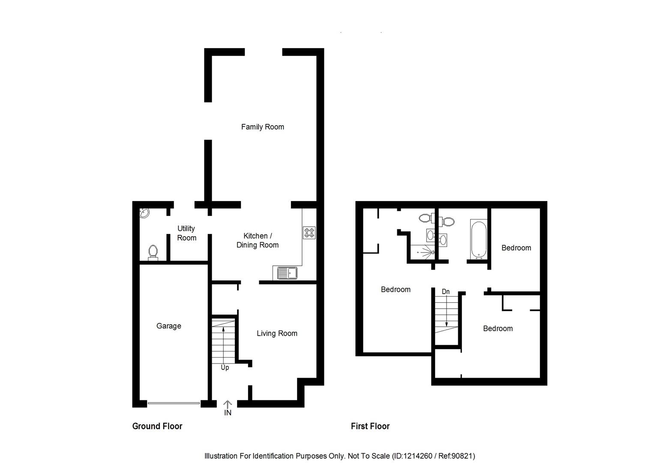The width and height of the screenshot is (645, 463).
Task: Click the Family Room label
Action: pyautogui.click(x=262, y=127)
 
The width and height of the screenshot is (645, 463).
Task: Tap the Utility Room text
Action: pyautogui.click(x=186, y=233)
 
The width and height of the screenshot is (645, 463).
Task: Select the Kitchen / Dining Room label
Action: pyautogui.click(x=257, y=241)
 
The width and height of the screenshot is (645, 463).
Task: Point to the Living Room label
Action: pyautogui.click(x=277, y=334)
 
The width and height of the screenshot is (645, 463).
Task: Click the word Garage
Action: pyautogui.click(x=168, y=326)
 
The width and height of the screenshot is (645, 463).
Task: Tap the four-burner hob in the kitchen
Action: pyautogui.click(x=309, y=233)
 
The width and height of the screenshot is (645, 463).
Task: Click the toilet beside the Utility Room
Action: pyautogui.click(x=153, y=253)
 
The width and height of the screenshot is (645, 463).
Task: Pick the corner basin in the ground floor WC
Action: pyautogui.click(x=144, y=213)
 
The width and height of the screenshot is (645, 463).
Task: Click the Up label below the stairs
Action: pyautogui.click(x=225, y=368)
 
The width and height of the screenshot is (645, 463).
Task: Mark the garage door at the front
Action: pyautogui.click(x=174, y=403)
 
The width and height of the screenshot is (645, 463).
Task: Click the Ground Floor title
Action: pyautogui.click(x=157, y=426)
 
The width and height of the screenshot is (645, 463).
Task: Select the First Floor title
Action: pyautogui.click(x=370, y=426)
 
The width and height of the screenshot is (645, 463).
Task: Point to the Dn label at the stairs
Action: pyautogui.click(x=446, y=292)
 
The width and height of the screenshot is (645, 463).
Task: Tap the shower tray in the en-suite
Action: pyautogui.click(x=422, y=252)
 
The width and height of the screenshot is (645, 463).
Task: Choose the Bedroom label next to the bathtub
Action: pyautogui.click(x=516, y=248)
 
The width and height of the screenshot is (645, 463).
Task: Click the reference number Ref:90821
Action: pyautogui.click(x=456, y=456)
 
